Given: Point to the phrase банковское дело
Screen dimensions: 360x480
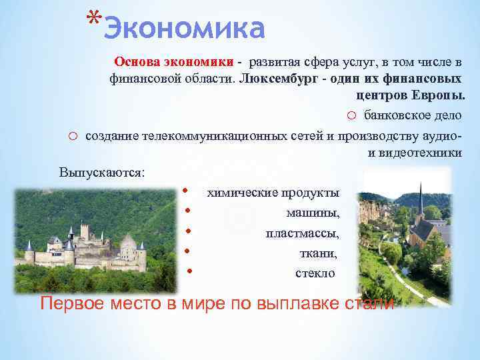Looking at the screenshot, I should point(413,115).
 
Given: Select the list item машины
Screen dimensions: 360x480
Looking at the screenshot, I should point(313,213).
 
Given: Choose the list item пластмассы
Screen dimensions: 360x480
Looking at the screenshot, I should point(302,233).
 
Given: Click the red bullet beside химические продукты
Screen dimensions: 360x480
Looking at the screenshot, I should point(185,191).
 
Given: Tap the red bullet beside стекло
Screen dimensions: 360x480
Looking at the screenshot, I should point(190,271).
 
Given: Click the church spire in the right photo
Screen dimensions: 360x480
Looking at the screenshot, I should point(421,196).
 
